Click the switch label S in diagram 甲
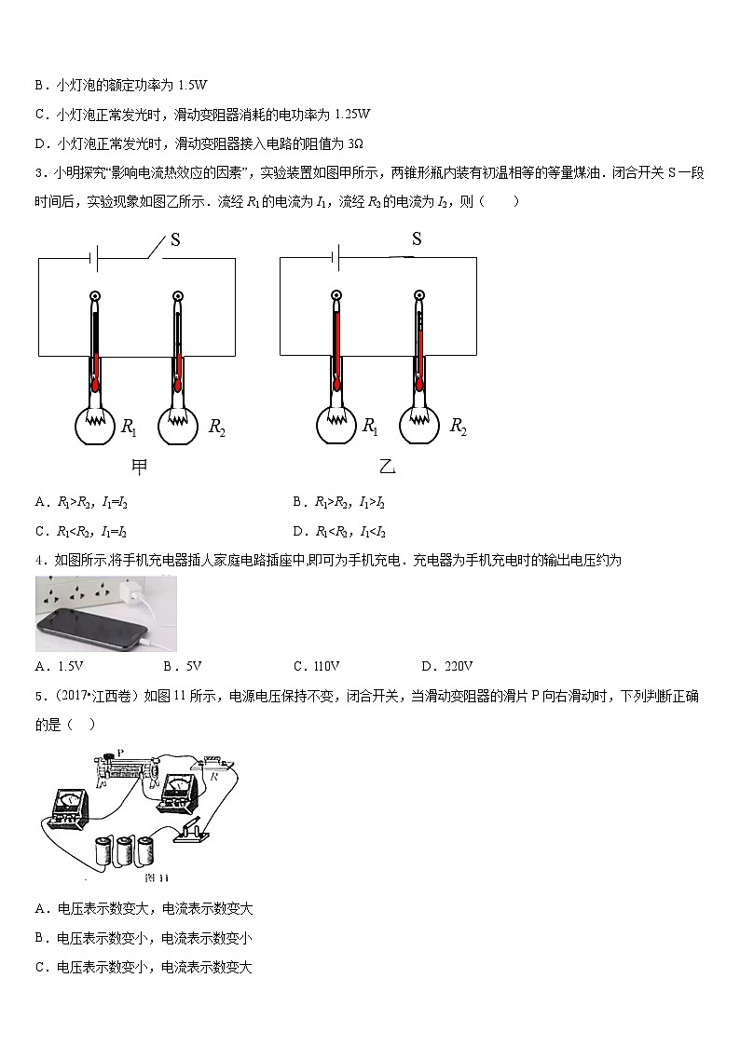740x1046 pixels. [174, 239]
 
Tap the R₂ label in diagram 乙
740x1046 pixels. [458, 427]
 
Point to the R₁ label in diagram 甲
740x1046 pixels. [129, 428]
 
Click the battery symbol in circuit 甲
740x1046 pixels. [93, 258]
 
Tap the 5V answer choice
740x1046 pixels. [193, 666]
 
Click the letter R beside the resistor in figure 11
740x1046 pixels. [214, 772]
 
